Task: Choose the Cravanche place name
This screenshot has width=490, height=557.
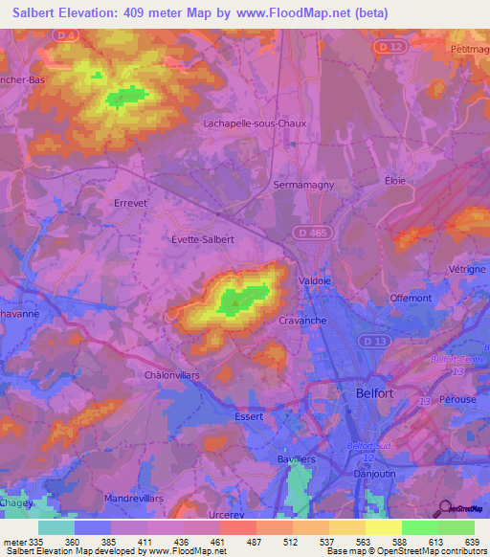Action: pyautogui.click(x=303, y=321)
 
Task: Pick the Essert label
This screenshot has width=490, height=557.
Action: pyautogui.click(x=248, y=416)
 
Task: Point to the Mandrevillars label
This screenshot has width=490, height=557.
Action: pyautogui.click(x=138, y=499)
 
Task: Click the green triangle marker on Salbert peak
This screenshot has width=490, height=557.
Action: pyautogui.click(x=234, y=304)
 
